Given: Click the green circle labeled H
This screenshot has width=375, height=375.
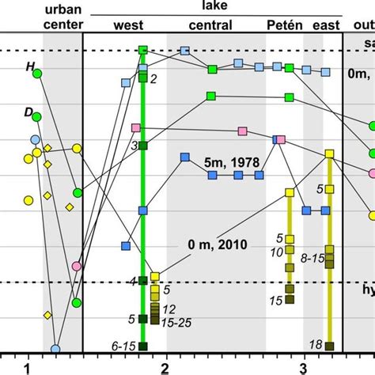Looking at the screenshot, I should (36, 74).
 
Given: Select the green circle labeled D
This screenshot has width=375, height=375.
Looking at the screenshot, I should (36, 120).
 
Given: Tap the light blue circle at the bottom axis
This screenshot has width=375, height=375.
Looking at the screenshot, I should (55, 348).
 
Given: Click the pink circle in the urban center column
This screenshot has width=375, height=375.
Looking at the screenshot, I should (77, 267).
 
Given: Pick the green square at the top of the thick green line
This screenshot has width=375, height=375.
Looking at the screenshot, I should (143, 51).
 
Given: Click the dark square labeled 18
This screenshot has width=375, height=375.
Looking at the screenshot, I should (330, 345).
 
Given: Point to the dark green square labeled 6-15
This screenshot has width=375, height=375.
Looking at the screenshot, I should (143, 345).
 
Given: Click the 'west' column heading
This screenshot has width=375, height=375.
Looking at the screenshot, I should (129, 25).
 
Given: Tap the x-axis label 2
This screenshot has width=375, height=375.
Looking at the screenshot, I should (165, 367).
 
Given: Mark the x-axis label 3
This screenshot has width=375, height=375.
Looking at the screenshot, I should (303, 367).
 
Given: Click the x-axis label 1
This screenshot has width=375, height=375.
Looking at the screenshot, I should (27, 367).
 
